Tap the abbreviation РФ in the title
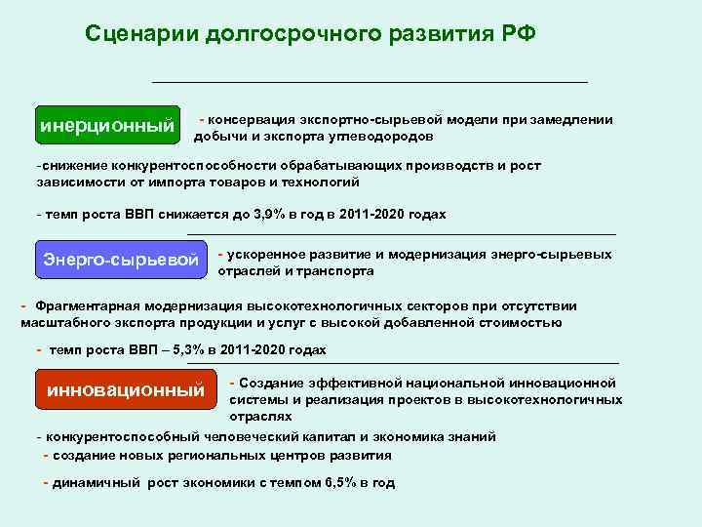click(x=517, y=33)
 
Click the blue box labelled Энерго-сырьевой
click(x=121, y=260)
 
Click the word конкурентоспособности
click(x=163, y=166)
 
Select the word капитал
click(x=296, y=436)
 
